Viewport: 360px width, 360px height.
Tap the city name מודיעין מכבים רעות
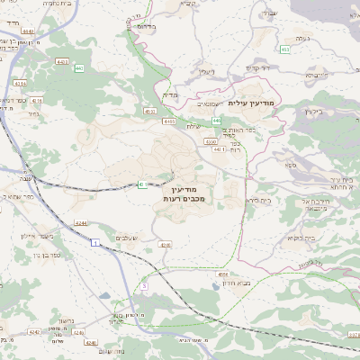[187, 192]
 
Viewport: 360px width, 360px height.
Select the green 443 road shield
[79, 68]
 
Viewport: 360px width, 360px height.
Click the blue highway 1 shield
[94, 243]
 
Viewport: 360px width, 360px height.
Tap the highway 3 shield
[143, 286]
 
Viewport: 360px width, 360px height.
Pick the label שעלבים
[126, 237]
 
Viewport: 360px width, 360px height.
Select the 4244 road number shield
[81, 223]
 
